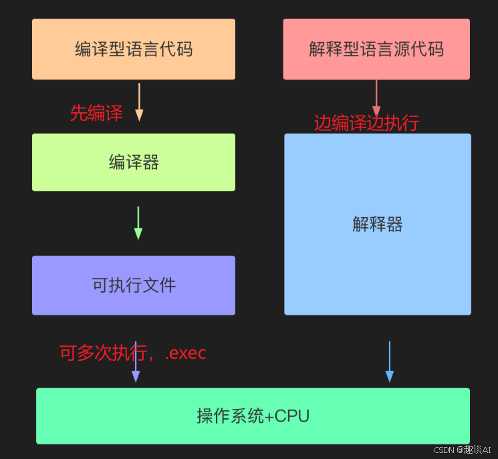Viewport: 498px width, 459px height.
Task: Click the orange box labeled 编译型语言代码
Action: (134, 49)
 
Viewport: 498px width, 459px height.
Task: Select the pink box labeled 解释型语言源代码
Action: (376, 49)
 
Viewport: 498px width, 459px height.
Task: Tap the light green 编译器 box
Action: (134, 162)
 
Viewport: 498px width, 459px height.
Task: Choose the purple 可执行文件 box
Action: (134, 285)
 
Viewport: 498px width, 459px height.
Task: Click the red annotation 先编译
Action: (96, 113)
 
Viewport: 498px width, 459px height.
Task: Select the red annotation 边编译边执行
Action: (366, 123)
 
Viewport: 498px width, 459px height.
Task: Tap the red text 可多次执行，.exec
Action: (132, 353)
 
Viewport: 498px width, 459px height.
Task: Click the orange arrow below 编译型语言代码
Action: (139, 102)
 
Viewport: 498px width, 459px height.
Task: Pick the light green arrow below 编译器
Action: (138, 223)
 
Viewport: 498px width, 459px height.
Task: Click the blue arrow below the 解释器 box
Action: (390, 362)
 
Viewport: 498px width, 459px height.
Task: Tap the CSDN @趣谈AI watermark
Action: (463, 450)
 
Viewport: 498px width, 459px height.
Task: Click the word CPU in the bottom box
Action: (293, 416)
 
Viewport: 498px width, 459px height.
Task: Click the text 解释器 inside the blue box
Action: (378, 224)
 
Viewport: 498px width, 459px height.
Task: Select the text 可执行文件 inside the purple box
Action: (134, 285)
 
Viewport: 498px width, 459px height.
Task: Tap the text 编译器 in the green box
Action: (134, 162)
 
